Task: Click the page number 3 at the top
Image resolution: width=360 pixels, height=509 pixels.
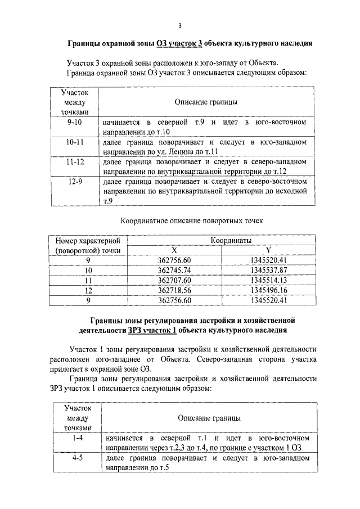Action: tap(179, 25)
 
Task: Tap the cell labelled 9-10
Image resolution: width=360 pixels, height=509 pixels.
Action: tap(74, 122)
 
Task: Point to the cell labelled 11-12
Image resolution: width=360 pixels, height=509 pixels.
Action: tap(74, 162)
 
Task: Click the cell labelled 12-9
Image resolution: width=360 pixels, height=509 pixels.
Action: tap(74, 182)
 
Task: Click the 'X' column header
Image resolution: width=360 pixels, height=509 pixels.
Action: tap(175, 250)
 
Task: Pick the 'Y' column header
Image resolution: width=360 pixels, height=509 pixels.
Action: tap(268, 250)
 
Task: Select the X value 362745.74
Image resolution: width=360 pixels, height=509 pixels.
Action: tap(175, 270)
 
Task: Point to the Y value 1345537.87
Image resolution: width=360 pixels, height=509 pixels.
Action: tap(268, 270)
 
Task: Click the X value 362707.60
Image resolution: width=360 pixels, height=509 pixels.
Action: tap(175, 280)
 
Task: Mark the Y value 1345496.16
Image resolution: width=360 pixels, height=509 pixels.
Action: tap(268, 290)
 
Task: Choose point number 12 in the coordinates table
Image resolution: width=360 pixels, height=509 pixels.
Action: tap(88, 290)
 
